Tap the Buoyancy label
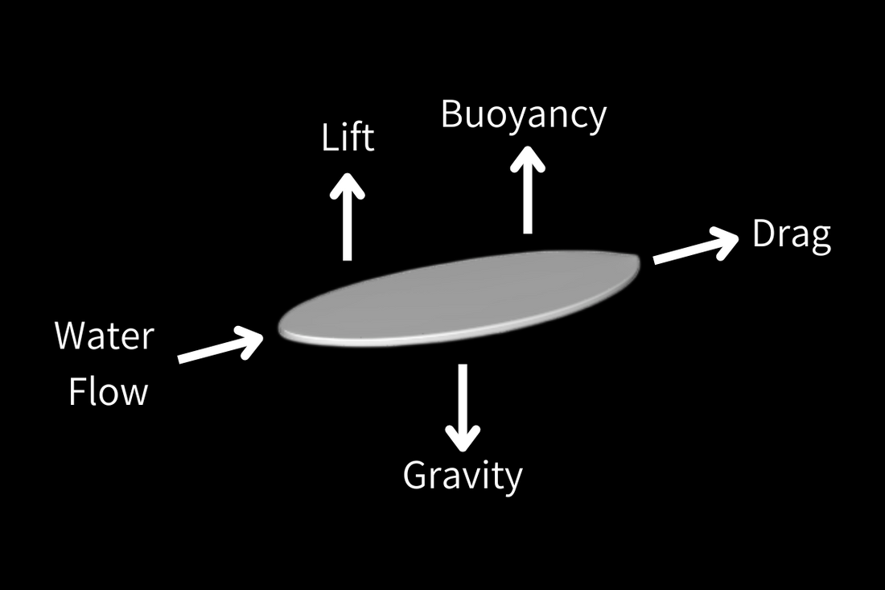point(523,114)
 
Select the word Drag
point(791,235)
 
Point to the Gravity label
point(463,475)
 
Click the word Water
point(104,336)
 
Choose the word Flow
point(108,392)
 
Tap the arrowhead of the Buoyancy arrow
point(527,158)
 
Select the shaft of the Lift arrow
point(348,229)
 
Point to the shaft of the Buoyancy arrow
point(527,201)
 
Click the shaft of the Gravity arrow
point(463,394)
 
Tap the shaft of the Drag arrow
point(684,251)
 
